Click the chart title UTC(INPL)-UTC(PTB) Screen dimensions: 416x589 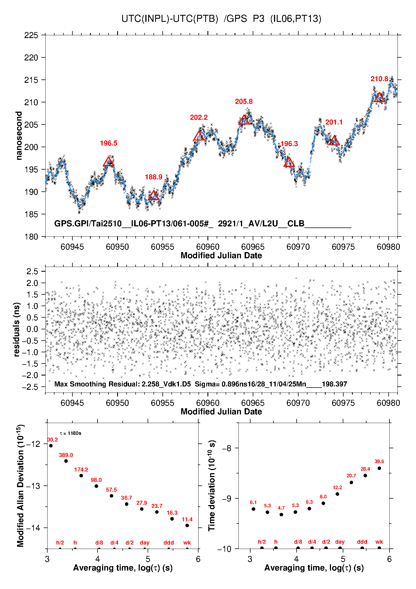170,19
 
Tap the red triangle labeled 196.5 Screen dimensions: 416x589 108,161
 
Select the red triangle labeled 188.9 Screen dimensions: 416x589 153,195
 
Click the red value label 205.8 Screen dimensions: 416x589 244,102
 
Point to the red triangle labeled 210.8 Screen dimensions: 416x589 379,97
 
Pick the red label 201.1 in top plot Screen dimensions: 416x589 334,122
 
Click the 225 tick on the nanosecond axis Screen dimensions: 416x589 31,35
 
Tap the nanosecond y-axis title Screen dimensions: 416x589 19,136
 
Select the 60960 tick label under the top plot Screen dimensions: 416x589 208,247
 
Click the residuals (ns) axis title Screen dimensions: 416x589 16,329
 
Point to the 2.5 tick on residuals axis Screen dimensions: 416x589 32,271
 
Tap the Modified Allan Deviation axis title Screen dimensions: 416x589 20,485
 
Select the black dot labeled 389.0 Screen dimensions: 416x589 66,461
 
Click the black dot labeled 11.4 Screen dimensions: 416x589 187,525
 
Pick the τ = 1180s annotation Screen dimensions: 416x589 70,433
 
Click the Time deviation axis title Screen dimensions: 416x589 212,485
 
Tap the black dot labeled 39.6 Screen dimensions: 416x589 379,468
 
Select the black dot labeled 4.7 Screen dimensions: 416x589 281,515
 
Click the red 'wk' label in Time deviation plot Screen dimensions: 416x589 379,542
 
